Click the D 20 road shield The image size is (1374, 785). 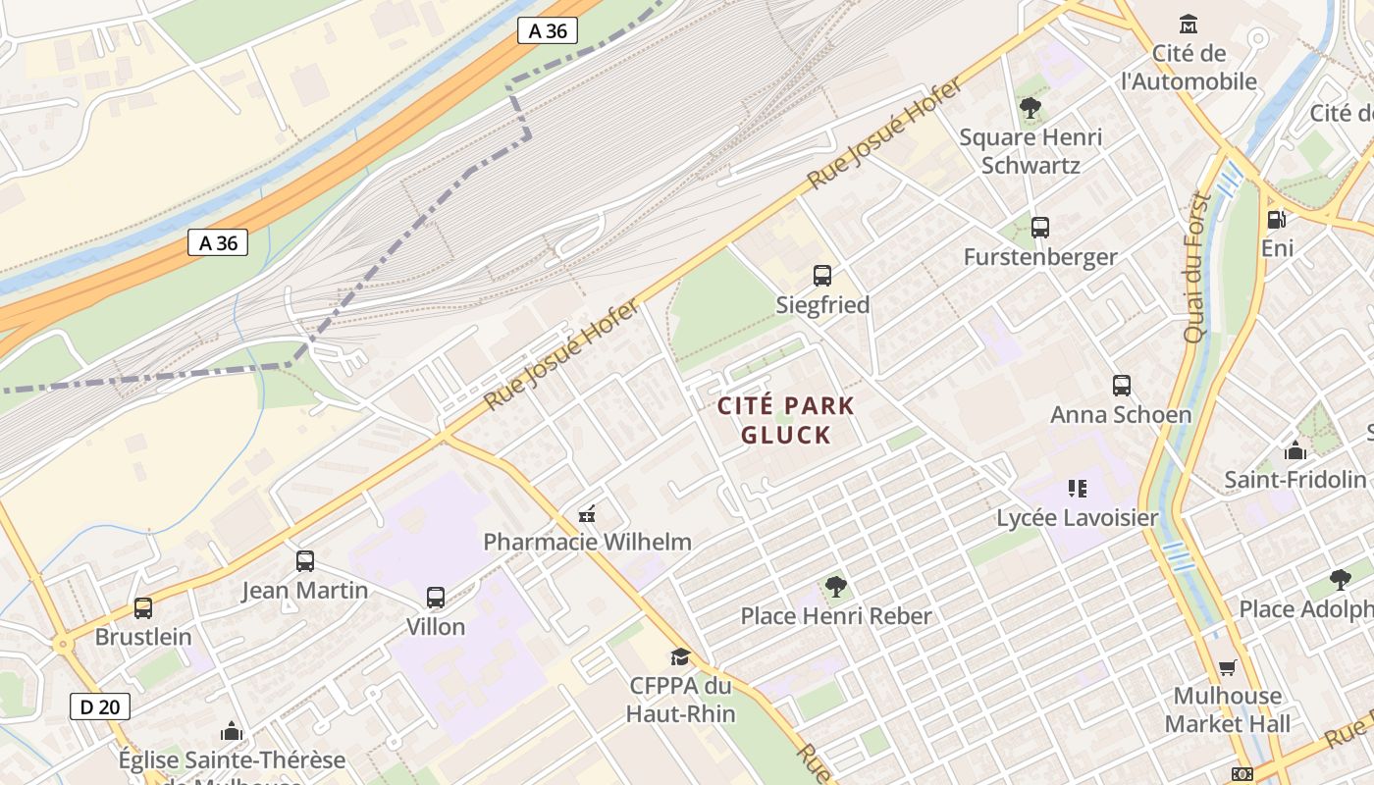pos(100,706)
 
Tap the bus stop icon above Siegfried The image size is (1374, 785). pos(822,276)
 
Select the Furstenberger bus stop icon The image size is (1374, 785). pos(1040,228)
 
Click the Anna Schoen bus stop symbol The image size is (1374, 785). pos(1122,386)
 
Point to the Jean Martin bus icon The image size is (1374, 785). pos(305,561)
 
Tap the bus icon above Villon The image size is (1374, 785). pos(436,597)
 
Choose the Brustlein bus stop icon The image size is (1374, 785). pos(143,608)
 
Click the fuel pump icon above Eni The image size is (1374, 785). pos(1277,220)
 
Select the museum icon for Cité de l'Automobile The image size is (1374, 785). pos(1189,24)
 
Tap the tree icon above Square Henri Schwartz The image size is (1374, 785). pos(1030,108)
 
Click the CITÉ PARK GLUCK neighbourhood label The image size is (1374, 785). pos(786,420)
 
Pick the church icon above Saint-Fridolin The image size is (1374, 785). pos(1295,450)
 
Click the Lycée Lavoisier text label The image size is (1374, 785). pos(1078,517)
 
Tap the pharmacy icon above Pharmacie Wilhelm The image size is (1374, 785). pos(587,513)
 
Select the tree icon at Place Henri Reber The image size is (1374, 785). pos(836,587)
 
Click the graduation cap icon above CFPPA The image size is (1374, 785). pos(680,656)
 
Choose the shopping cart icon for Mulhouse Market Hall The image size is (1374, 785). pos(1227,668)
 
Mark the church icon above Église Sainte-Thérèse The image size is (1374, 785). pos(232,731)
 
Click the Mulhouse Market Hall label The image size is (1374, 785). pos(1228,710)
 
